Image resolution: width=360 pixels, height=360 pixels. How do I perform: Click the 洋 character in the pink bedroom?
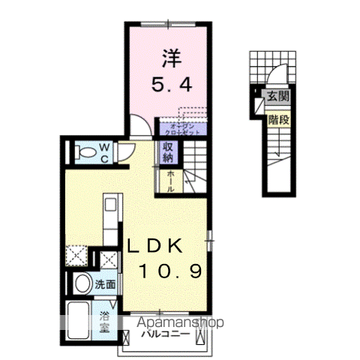(169, 58)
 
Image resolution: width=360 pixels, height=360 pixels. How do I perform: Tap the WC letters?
(104, 152)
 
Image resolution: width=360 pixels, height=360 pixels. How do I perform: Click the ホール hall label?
(170, 181)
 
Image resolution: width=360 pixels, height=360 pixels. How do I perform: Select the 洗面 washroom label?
(106, 284)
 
